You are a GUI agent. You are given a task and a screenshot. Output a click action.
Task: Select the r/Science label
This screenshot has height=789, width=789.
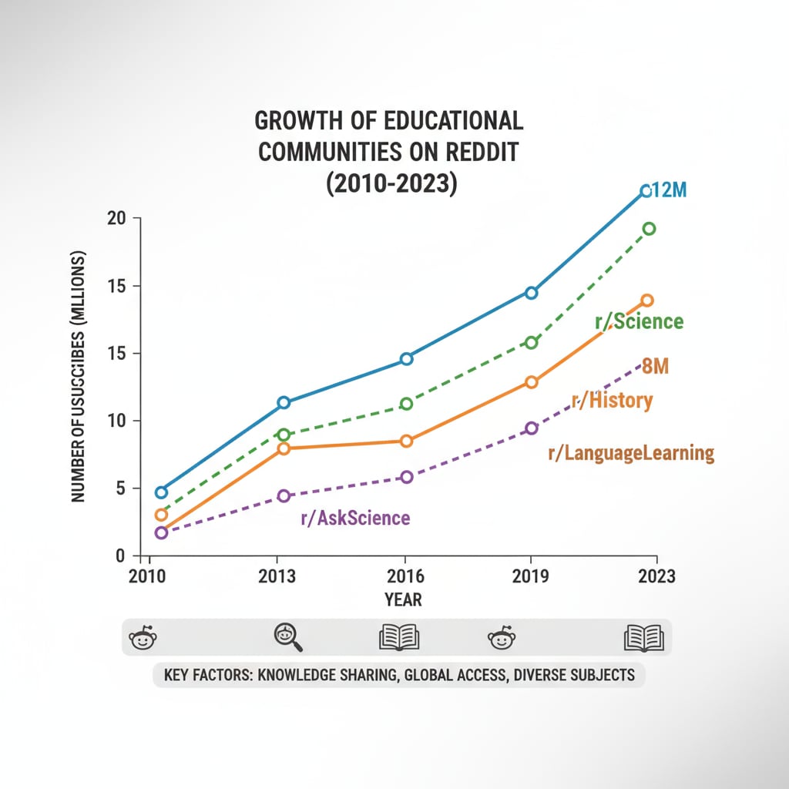(x=640, y=321)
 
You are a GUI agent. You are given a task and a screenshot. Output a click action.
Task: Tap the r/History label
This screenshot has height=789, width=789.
(x=612, y=400)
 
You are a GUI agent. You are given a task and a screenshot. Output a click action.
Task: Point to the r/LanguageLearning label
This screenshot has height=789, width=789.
(x=630, y=453)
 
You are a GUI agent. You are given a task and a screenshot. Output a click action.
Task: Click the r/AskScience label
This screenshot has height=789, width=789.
(x=355, y=518)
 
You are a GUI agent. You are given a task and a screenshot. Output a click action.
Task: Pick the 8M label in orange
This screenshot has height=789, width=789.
(x=655, y=367)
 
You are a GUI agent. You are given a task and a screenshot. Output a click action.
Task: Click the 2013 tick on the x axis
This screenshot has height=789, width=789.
(x=278, y=576)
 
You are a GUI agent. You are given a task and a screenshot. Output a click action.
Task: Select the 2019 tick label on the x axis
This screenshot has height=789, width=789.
(x=531, y=576)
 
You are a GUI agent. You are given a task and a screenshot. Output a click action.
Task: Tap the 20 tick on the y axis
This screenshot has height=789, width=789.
(x=116, y=218)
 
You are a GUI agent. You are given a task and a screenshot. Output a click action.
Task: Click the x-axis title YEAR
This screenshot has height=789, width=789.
(x=403, y=599)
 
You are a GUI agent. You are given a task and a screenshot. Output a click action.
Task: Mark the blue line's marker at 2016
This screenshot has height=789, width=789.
(x=407, y=358)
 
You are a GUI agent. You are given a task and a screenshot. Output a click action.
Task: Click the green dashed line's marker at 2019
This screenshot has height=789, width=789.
(x=531, y=342)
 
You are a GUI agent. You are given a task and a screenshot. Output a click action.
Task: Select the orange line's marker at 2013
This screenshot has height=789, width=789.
(x=283, y=448)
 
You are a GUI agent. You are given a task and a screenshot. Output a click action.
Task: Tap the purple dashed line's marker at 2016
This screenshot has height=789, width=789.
(x=407, y=477)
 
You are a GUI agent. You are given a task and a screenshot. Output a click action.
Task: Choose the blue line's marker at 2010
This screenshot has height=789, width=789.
(x=161, y=492)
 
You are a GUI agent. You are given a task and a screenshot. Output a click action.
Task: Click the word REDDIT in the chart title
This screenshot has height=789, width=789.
(x=477, y=151)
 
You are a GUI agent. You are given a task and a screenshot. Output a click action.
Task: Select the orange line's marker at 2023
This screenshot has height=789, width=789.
(x=647, y=300)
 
